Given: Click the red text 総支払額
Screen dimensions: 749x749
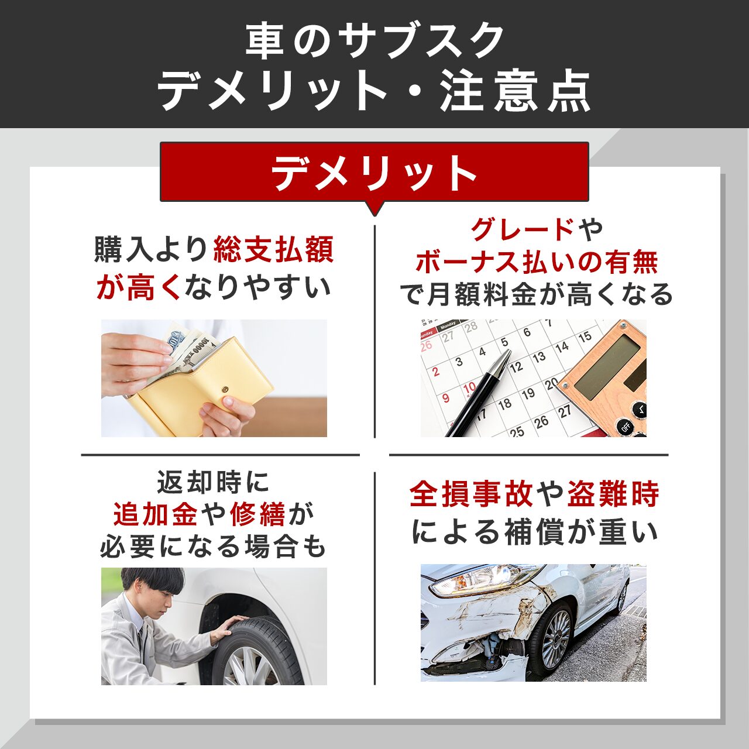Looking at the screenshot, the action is [273, 250].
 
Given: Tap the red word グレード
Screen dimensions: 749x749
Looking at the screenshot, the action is [523, 229].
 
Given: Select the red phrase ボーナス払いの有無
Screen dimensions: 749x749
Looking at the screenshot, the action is [537, 262].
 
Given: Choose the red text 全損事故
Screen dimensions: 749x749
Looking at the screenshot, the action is [471, 494].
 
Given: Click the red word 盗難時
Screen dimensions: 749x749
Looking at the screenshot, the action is [613, 494].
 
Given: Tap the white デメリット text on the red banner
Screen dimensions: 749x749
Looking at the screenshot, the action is [374, 173].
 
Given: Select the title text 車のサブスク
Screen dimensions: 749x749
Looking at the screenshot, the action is [374, 41].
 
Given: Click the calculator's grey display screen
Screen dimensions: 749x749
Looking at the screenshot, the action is [609, 367].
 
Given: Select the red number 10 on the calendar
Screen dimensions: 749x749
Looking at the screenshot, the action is [469, 387].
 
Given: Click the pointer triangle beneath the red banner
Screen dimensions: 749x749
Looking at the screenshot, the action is [374, 208].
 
